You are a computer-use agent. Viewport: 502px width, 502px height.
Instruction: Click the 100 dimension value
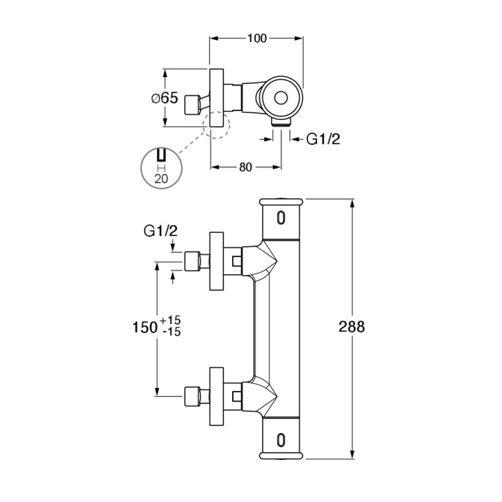257,38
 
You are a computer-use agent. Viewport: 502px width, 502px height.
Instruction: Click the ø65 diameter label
164,98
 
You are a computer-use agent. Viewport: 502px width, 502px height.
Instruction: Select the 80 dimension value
245,167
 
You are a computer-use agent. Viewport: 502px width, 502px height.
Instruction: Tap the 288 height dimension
351,327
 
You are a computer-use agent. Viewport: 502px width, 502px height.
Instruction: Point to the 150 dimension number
145,327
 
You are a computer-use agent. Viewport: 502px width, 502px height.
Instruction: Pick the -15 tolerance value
171,332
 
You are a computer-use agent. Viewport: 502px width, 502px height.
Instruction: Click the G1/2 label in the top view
323,139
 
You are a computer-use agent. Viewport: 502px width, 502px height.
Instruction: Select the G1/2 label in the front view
161,231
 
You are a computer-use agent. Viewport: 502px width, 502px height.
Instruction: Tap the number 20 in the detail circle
161,179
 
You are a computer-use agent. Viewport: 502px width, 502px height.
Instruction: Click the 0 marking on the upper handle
280,218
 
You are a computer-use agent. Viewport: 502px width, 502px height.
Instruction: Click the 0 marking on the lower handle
280,440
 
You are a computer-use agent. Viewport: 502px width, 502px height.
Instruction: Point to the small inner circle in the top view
280,98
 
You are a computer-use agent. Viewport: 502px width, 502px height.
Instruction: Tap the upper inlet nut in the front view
193,261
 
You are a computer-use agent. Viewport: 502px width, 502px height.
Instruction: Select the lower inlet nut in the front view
193,396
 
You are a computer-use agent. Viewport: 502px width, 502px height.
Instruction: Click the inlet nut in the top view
193,105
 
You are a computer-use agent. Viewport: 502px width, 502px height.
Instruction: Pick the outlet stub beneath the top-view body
281,122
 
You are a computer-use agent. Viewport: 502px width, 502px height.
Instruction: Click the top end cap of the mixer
280,202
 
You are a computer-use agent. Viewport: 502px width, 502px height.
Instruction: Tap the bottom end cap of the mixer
280,456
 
